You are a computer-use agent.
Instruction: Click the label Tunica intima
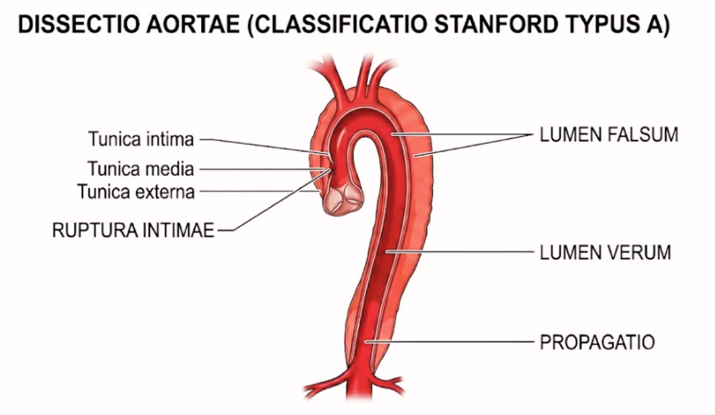pyautogui.click(x=141, y=139)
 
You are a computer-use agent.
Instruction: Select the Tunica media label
pyautogui.click(x=141, y=169)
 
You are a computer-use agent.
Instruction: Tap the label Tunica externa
pyautogui.click(x=136, y=192)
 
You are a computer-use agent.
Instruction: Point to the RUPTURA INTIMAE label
pyautogui.click(x=133, y=230)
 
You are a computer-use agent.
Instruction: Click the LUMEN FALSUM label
pyautogui.click(x=609, y=134)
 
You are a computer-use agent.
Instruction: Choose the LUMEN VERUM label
pyautogui.click(x=605, y=252)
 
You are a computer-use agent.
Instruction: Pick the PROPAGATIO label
pyautogui.click(x=597, y=342)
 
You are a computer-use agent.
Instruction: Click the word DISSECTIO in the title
pyautogui.click(x=79, y=24)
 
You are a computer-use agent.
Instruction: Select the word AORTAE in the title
pyautogui.click(x=193, y=24)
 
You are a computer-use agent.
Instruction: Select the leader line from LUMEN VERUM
pyautogui.click(x=460, y=252)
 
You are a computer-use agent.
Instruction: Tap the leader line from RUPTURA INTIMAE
pyautogui.click(x=274, y=200)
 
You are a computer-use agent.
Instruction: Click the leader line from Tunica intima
pyautogui.click(x=264, y=147)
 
